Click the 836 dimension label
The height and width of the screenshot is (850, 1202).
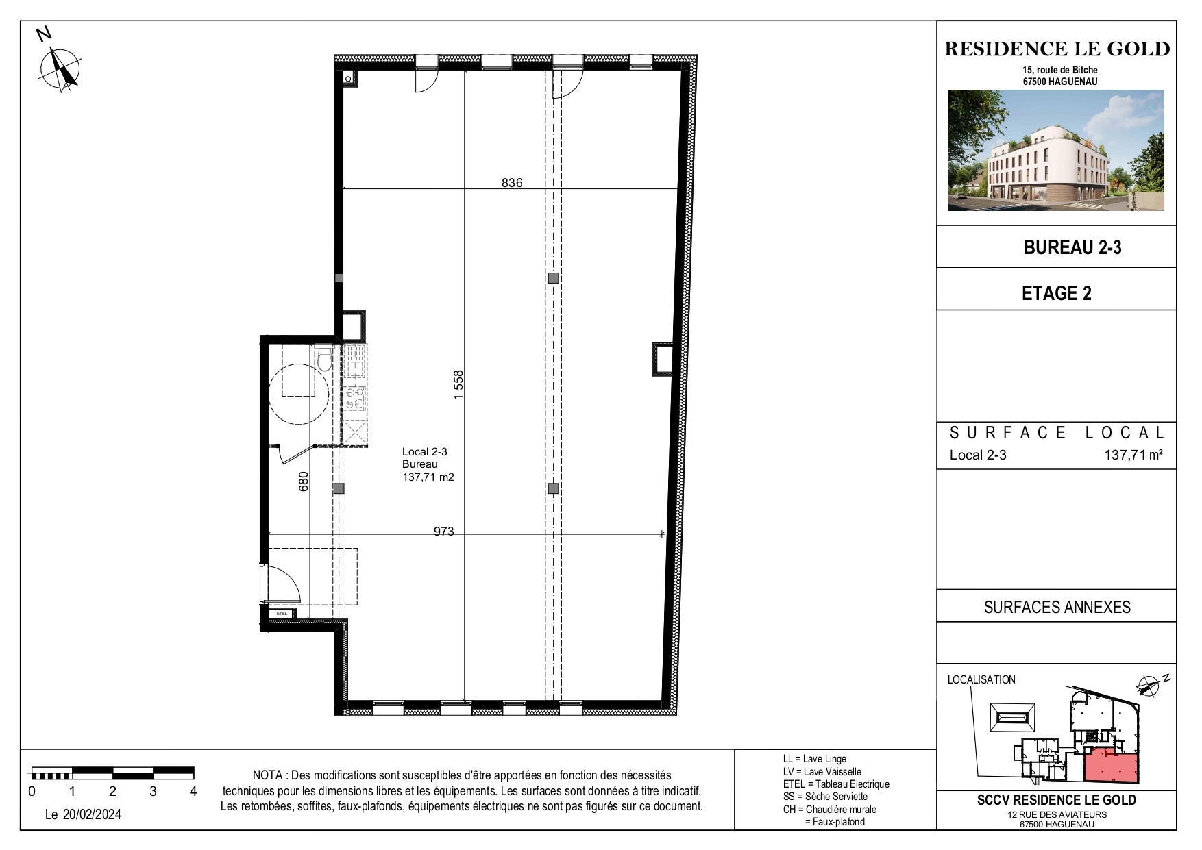pos(512,183)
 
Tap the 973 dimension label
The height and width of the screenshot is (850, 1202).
pos(444,532)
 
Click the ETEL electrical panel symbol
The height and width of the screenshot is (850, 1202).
pos(282,613)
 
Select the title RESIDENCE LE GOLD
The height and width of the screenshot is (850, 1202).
pos(1057,49)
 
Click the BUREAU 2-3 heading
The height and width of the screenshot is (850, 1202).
pos(1072,247)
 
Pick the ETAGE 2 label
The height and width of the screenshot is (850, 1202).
pos(1056,293)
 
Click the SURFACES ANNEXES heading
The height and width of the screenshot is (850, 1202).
pos(1057,607)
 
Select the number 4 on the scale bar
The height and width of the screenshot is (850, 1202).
pos(193,791)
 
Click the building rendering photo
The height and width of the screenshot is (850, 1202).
pos(1056,150)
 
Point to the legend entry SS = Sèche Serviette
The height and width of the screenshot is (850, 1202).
pos(825,797)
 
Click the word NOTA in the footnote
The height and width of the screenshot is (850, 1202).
pos(269,775)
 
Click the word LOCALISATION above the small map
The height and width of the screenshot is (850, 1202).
pos(981,679)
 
